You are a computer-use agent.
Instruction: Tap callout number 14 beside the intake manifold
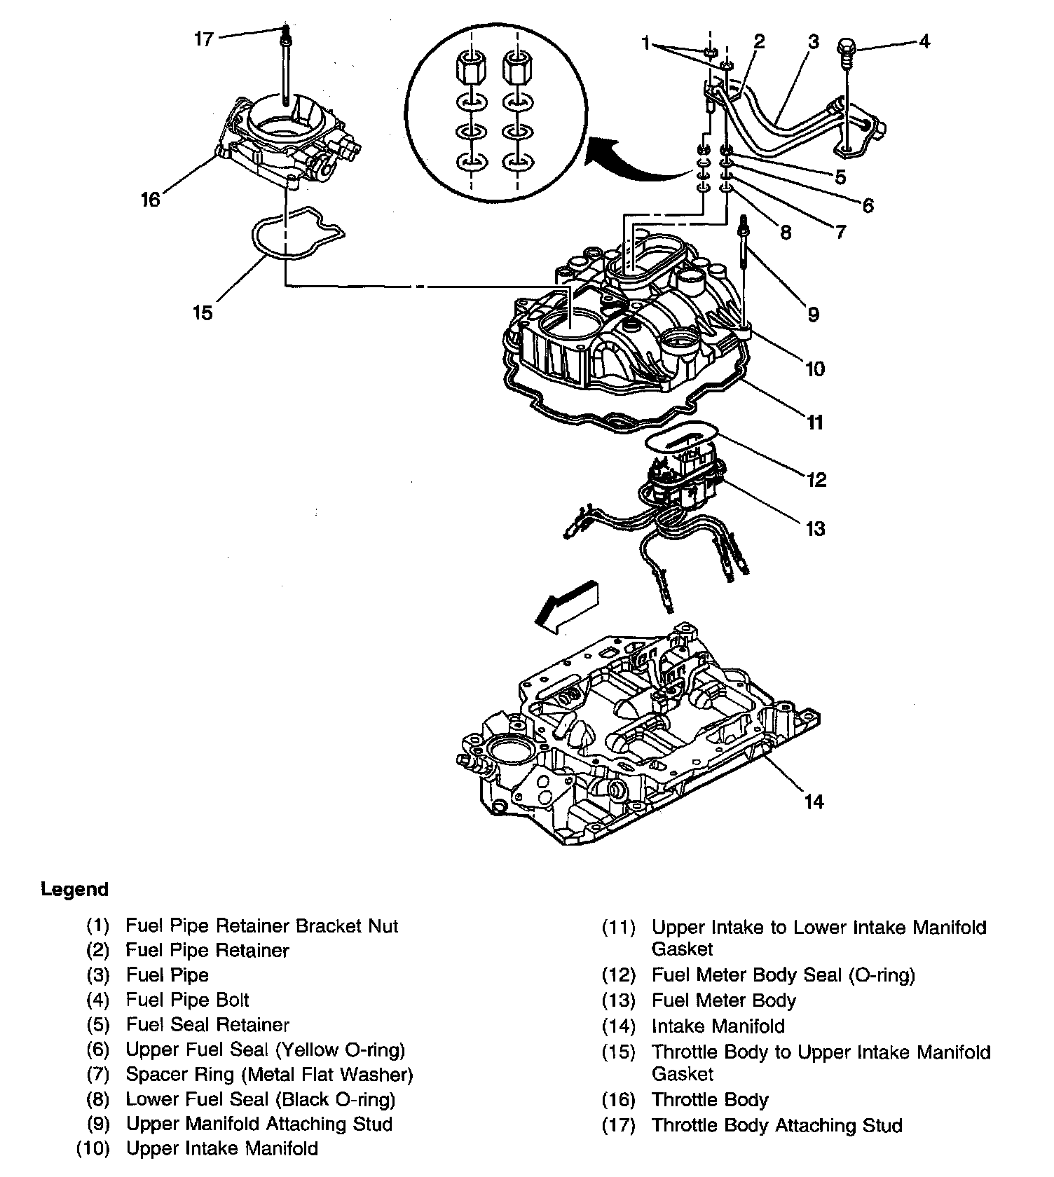pos(814,801)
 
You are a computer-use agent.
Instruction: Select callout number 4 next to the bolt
pos(924,41)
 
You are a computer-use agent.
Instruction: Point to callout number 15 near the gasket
pos(203,312)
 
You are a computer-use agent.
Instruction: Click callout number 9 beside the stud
pos(813,315)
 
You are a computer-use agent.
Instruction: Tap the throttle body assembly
pos(287,140)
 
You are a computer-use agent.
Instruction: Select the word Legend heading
pos(75,890)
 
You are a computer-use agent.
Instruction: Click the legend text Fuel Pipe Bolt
pos(188,1000)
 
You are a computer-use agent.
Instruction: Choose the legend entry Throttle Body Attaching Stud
pos(776,1125)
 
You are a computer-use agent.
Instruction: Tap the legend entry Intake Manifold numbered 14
pos(718,1026)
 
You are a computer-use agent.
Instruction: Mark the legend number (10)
pos(93,1149)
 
